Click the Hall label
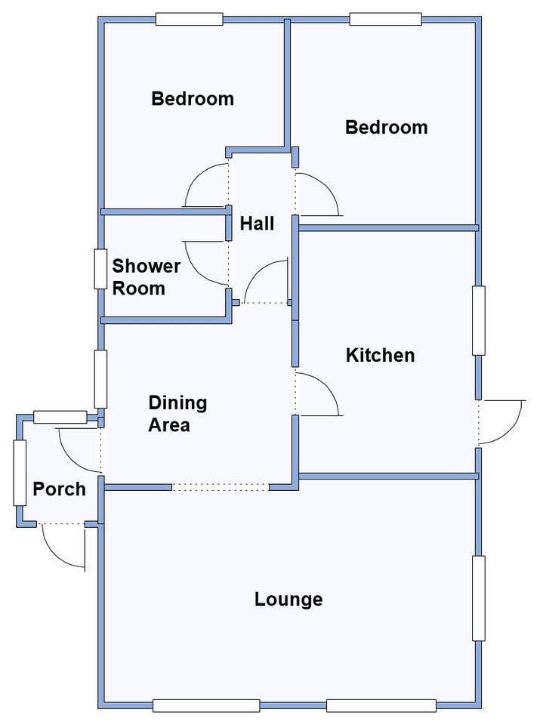point(257,224)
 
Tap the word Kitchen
point(380,355)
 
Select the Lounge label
point(288,599)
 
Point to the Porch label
point(59,489)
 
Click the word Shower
point(146,266)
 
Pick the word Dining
point(177,403)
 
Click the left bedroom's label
point(193,98)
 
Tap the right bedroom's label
point(387,127)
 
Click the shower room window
point(100,269)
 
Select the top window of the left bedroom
point(189,19)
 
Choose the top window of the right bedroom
point(386,19)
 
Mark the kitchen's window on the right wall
point(479,320)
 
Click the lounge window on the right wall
point(479,598)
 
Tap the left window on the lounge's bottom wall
point(205,705)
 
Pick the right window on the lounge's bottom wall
point(381,705)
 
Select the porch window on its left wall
point(20,473)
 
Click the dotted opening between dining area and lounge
point(220,487)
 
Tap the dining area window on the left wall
point(100,379)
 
